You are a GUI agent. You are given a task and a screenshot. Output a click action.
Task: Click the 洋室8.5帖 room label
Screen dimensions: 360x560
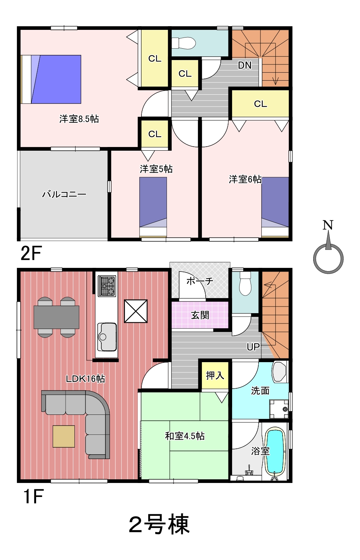pos(79,119)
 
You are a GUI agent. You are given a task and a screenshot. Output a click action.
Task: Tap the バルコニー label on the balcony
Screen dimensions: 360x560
pos(64,194)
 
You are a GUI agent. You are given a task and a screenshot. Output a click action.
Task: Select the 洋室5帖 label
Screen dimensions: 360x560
pos(156,169)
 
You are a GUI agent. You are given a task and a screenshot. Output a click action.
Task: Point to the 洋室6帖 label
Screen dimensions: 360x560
pos(245,179)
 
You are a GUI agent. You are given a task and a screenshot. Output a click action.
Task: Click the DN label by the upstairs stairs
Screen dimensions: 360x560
pos(245,66)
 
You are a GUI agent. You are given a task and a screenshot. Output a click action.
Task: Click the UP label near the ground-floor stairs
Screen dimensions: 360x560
pos(253,347)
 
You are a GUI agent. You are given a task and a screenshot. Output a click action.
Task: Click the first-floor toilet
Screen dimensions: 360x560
pos(245,283)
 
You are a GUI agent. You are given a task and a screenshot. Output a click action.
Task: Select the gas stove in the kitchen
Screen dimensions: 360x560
pos(107,286)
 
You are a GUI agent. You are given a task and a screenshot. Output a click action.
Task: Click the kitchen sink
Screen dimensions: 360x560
pos(107,337)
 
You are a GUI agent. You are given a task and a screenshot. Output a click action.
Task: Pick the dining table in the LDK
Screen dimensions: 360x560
pos(56,317)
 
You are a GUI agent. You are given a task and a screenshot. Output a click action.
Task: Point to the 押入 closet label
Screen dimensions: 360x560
pos(215,375)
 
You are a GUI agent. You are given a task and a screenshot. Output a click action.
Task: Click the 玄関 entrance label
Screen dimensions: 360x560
pos(200,315)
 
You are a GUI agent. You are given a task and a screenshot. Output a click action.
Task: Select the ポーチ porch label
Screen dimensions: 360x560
pos(200,281)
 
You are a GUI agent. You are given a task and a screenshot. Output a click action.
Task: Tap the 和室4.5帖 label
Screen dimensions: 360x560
pos(185,436)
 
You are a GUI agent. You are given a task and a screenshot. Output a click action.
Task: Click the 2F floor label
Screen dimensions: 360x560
pos(31,253)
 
